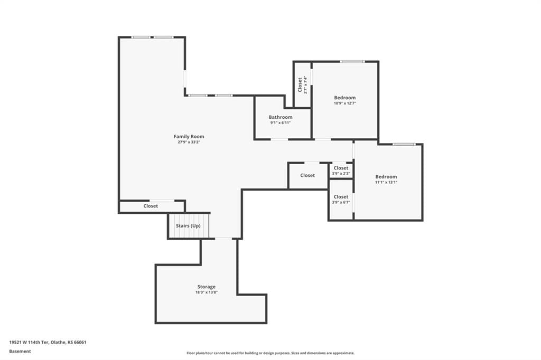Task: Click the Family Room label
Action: pos(189,137)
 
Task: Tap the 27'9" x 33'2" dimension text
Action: pos(189,142)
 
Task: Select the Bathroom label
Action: pos(281,117)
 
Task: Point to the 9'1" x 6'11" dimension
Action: pos(281,123)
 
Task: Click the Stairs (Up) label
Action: pos(188,226)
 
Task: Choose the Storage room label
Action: pos(207,287)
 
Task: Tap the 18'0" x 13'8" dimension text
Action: pos(207,292)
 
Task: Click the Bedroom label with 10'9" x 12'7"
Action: pos(344,98)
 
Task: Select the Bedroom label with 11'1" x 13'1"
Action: pos(386,176)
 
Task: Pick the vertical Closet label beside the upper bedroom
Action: pos(300,85)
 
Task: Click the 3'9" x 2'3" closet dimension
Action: pos(341,174)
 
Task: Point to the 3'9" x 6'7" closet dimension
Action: pos(341,202)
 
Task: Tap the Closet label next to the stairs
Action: pos(151,206)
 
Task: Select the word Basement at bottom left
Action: pos(20,352)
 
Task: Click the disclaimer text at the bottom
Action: pos(270,353)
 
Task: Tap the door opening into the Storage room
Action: pos(223,239)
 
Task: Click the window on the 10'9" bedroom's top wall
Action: pos(352,62)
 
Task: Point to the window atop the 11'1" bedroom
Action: pos(404,144)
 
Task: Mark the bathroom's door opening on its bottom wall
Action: pos(279,139)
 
